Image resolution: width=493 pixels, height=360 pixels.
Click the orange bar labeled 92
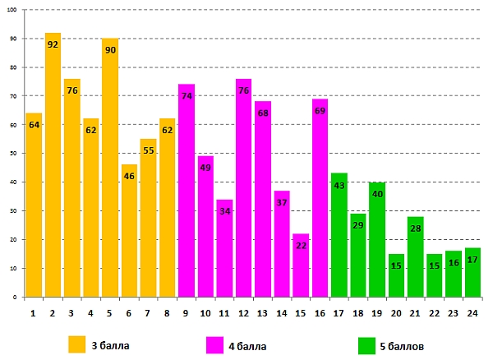tap(53, 164)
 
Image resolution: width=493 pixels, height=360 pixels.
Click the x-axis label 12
tap(243, 312)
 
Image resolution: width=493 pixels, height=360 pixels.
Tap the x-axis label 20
tap(396, 312)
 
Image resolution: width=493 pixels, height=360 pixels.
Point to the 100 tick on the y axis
tap(13, 11)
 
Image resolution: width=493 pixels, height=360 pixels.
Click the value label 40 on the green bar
tap(377, 194)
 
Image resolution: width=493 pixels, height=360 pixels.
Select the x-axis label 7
tap(148, 312)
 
